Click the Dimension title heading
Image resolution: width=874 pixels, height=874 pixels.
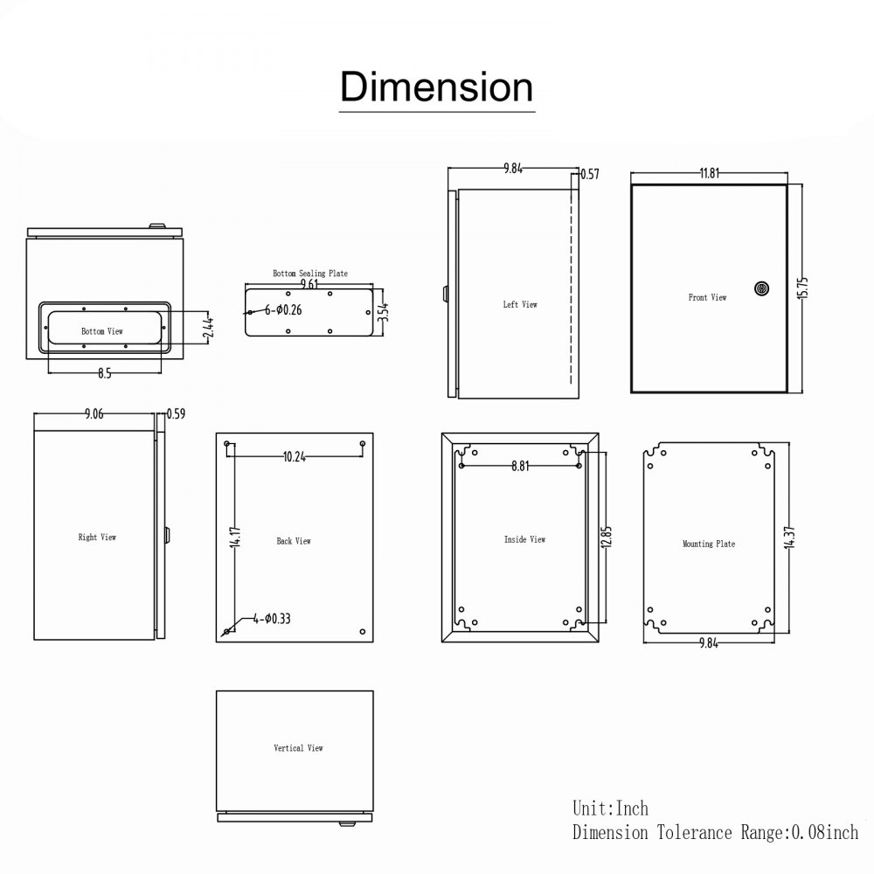pyautogui.click(x=436, y=88)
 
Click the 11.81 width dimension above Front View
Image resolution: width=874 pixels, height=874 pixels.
pyautogui.click(x=709, y=173)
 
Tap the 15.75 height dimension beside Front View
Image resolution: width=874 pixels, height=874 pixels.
pyautogui.click(x=803, y=288)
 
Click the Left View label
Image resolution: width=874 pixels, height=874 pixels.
pyautogui.click(x=520, y=304)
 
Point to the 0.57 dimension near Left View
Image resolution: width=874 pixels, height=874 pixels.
pyautogui.click(x=590, y=174)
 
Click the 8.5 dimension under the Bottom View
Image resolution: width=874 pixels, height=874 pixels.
pyautogui.click(x=105, y=373)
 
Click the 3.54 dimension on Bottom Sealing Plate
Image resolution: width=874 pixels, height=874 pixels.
pyautogui.click(x=381, y=311)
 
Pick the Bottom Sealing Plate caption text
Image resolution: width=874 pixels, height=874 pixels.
pyautogui.click(x=309, y=274)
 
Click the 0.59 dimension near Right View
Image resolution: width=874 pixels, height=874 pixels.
pyautogui.click(x=176, y=413)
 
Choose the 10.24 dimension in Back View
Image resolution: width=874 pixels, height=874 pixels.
pyautogui.click(x=295, y=455)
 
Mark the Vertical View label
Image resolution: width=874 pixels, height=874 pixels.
pyautogui.click(x=298, y=748)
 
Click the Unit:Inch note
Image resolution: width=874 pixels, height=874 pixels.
pyautogui.click(x=611, y=808)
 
